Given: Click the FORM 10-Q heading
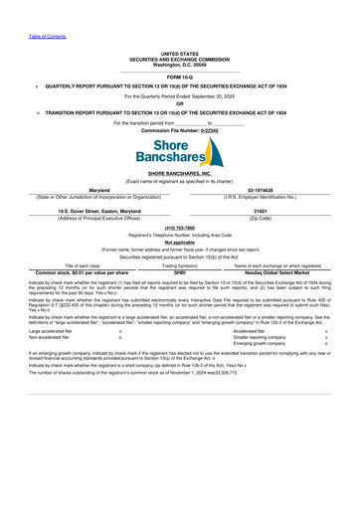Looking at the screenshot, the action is click(x=180, y=76).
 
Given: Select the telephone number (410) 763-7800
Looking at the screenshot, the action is click(x=180, y=227).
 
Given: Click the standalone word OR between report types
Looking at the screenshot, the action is click(x=180, y=103).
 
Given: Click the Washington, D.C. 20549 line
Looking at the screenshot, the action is click(x=180, y=64).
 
